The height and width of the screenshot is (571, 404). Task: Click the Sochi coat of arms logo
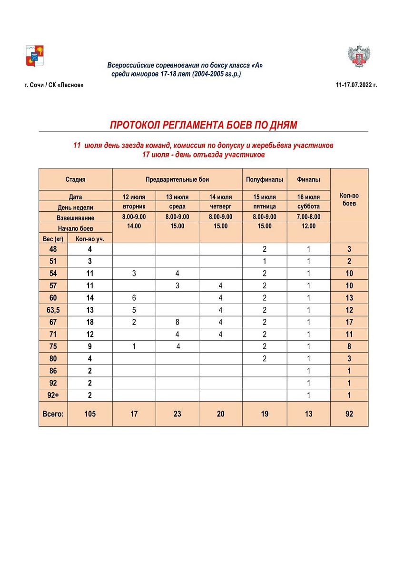coord(34,56)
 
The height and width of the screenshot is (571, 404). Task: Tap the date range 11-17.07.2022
coord(356,85)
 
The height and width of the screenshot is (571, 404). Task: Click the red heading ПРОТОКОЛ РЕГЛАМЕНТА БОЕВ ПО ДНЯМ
coord(203,125)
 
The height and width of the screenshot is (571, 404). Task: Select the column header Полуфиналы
coord(265,179)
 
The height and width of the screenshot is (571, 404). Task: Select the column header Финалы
coord(308,179)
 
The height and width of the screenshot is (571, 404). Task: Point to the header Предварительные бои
coord(177,179)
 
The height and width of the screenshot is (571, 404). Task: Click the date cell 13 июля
coord(177,197)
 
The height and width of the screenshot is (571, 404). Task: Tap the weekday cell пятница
coord(265,207)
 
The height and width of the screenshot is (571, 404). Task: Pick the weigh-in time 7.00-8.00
coord(308,217)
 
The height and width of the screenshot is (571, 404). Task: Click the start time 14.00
coord(134,226)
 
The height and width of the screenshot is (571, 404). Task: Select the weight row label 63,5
coord(53,310)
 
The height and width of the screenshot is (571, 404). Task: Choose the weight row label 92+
coord(53,395)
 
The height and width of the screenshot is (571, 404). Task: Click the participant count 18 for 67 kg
coord(90,322)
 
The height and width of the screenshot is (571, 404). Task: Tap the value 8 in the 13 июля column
coord(177,322)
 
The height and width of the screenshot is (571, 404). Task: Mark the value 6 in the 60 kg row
coord(134,298)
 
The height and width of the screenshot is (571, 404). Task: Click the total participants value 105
coord(90,414)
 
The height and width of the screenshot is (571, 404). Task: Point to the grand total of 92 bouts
coord(349,414)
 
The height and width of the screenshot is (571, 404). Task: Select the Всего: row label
coord(53,414)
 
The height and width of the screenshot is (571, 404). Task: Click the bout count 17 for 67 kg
coord(349,322)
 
